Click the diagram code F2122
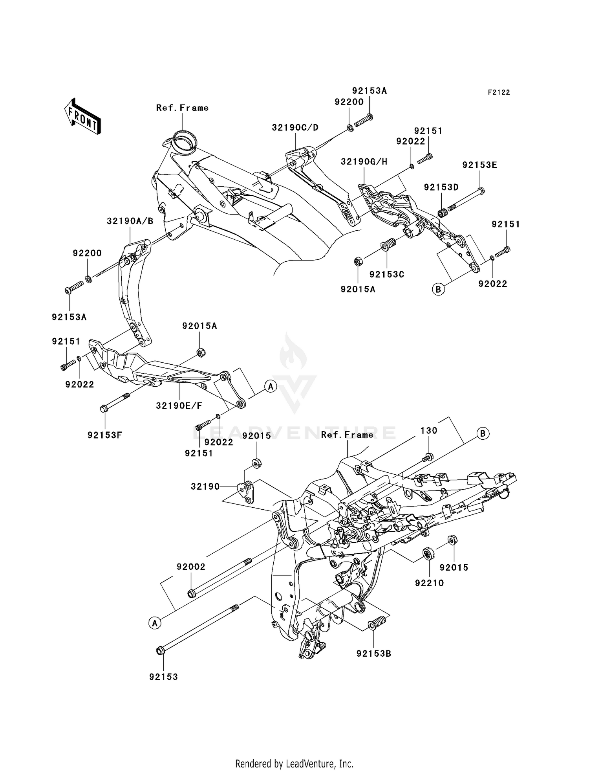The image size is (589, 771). click(499, 92)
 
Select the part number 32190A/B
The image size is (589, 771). click(130, 221)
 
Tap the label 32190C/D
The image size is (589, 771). click(295, 128)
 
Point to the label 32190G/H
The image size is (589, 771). click(364, 162)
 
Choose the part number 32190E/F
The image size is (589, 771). click(179, 406)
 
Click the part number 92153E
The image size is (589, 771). click(479, 165)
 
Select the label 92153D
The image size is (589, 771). click(441, 187)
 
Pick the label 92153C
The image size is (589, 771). click(387, 274)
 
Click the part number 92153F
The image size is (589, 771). click(105, 435)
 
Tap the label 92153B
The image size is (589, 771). click(374, 654)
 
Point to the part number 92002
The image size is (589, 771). click(191, 567)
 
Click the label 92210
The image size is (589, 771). click(429, 583)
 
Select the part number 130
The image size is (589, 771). click(429, 430)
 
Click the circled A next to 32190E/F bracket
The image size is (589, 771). click(271, 386)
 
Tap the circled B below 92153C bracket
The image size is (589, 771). click(438, 290)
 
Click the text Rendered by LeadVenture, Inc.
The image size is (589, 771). click(294, 764)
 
